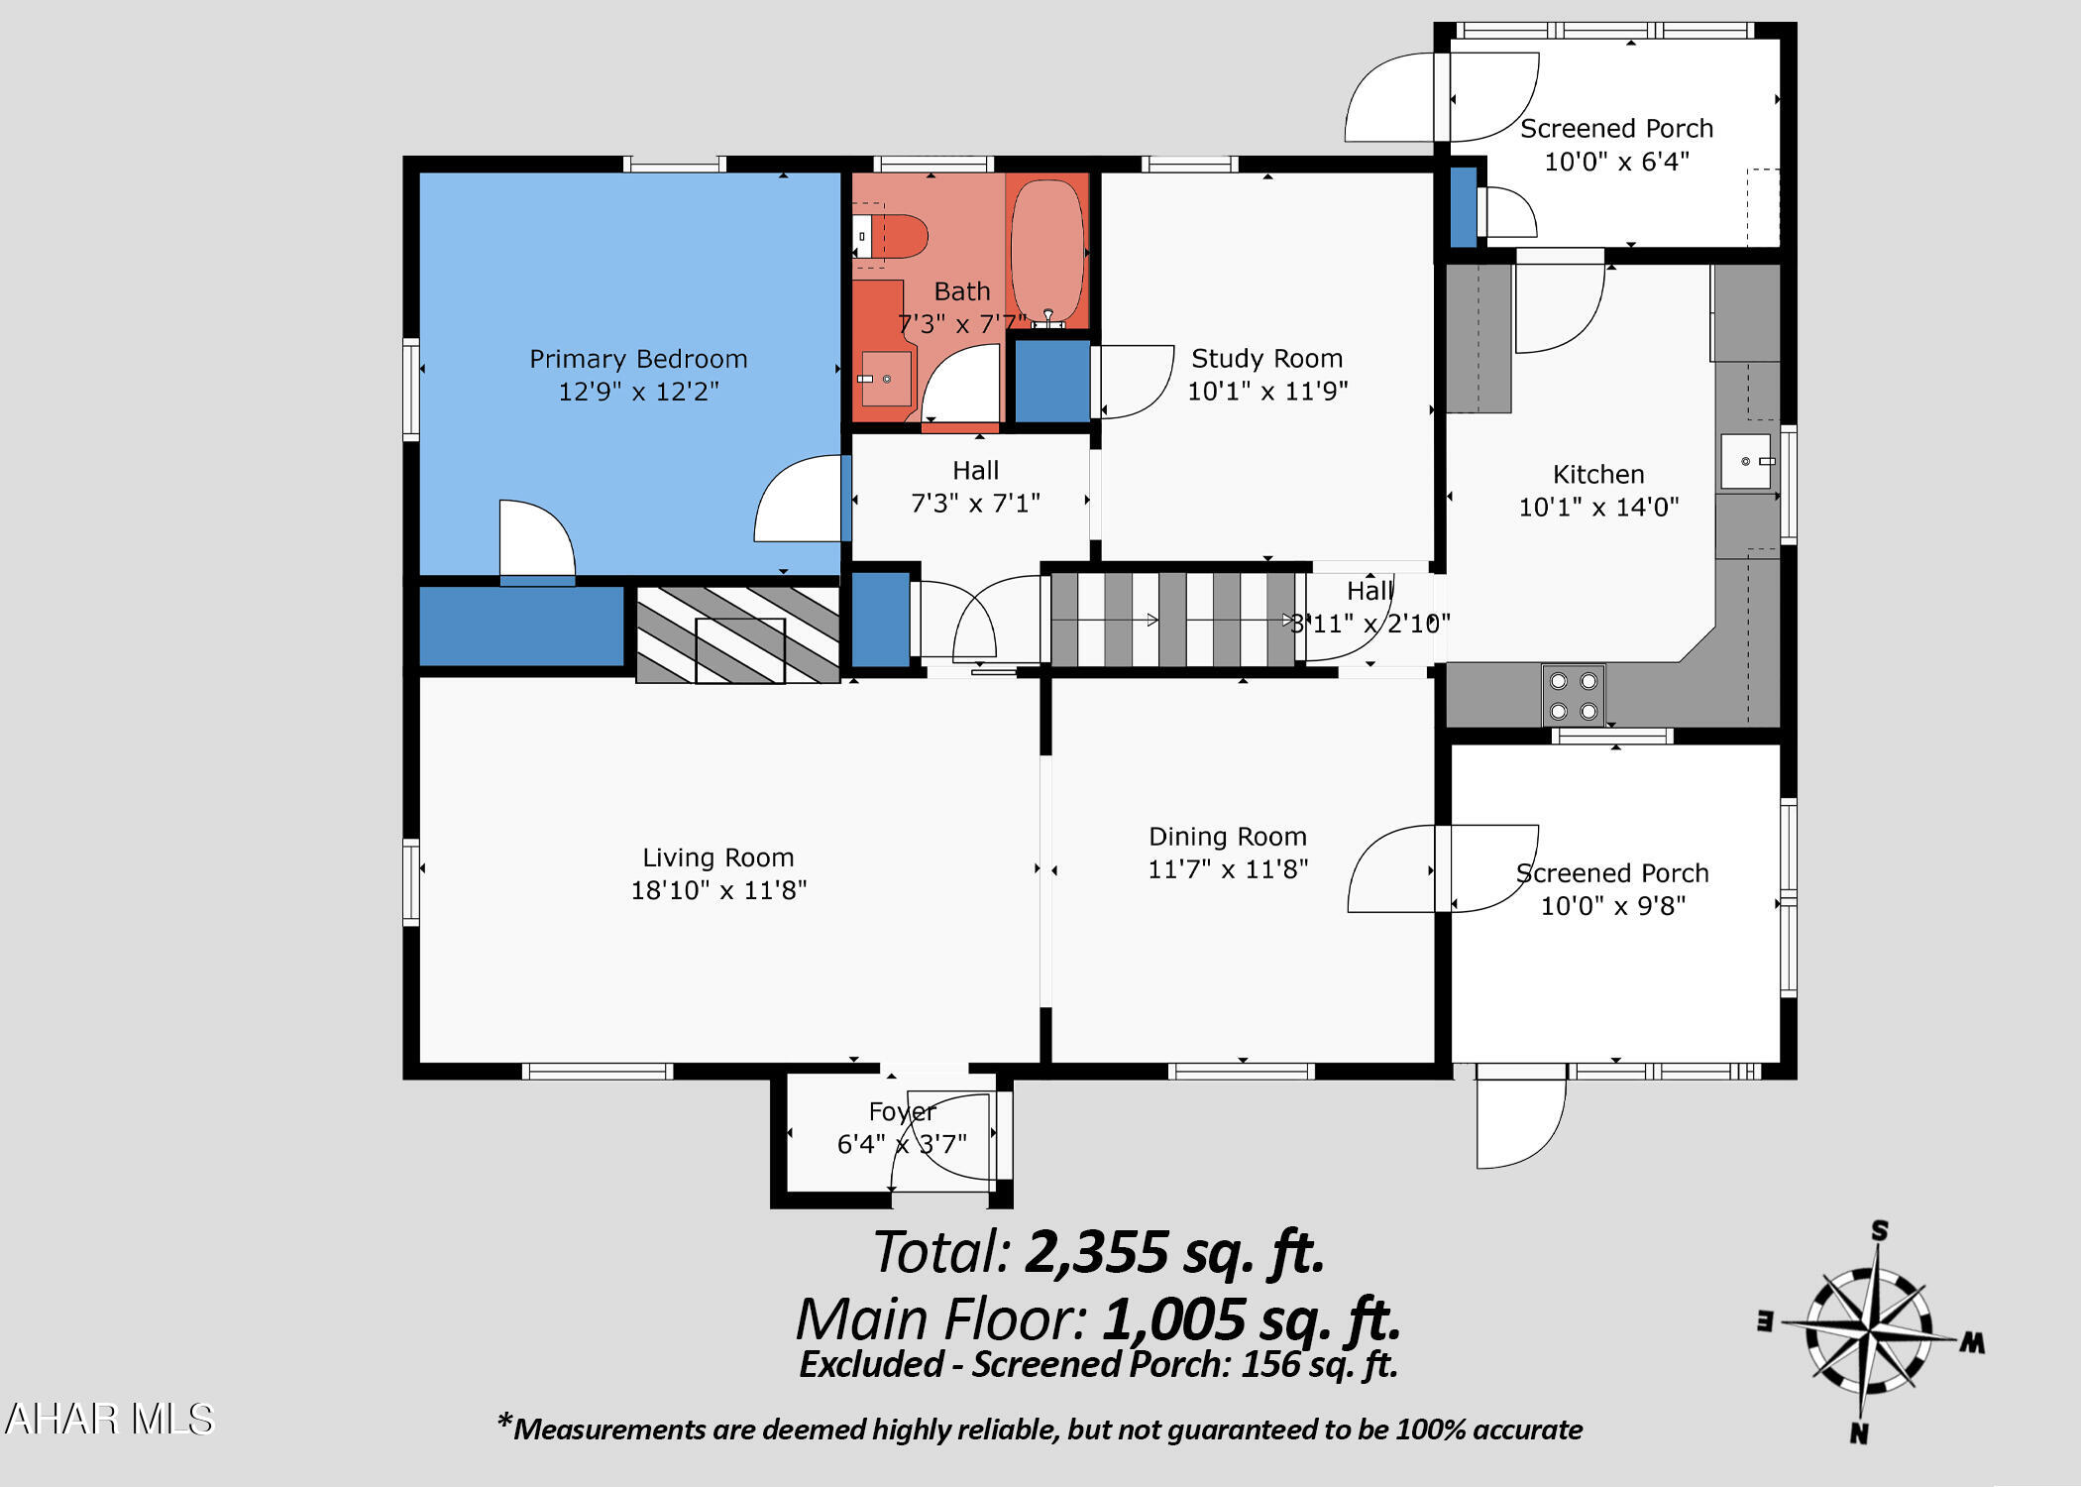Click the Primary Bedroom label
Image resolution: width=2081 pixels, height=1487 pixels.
pyautogui.click(x=638, y=359)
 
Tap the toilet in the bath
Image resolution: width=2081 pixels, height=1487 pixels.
pyautogui.click(x=889, y=237)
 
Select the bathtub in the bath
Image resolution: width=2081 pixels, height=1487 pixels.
pyautogui.click(x=1046, y=250)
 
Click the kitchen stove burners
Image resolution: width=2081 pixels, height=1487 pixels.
pyautogui.click(x=1574, y=695)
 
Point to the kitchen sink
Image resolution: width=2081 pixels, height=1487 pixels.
pyautogui.click(x=1746, y=461)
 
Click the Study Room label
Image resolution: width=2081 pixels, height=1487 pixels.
pyautogui.click(x=1267, y=358)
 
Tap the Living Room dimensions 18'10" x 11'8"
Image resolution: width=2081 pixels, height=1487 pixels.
pyautogui.click(x=719, y=890)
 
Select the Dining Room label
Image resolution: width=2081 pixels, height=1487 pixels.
pyautogui.click(x=1228, y=837)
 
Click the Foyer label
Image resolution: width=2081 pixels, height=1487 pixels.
pyautogui.click(x=902, y=1112)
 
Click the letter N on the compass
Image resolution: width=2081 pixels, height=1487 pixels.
pyautogui.click(x=1859, y=1432)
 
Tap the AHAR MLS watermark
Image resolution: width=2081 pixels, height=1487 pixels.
pyautogui.click(x=109, y=1419)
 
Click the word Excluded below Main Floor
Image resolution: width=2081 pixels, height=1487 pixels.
pyautogui.click(x=871, y=1365)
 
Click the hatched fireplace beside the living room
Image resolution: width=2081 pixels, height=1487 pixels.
pyautogui.click(x=738, y=635)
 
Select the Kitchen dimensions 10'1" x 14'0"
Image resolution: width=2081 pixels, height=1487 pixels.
pyautogui.click(x=1598, y=508)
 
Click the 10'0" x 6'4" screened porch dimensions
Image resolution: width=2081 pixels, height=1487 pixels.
pyautogui.click(x=1616, y=162)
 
